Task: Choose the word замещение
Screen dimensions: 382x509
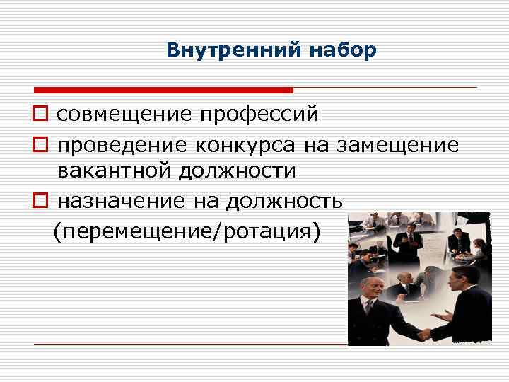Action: point(397,145)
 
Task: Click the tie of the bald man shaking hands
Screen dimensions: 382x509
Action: point(368,308)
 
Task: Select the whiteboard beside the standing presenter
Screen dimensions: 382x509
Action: point(431,243)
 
